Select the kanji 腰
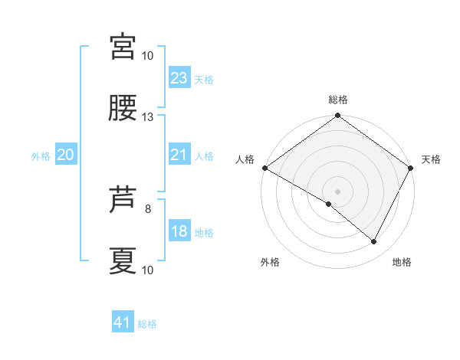pyautogui.click(x=123, y=109)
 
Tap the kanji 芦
pyautogui.click(x=123, y=201)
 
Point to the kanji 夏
pyautogui.click(x=123, y=261)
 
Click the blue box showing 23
pyautogui.click(x=179, y=78)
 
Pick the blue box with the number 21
pyautogui.click(x=179, y=155)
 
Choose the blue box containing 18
pyautogui.click(x=179, y=231)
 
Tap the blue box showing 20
pyautogui.click(x=65, y=155)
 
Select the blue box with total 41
pyautogui.click(x=123, y=322)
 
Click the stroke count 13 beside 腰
pyautogui.click(x=148, y=117)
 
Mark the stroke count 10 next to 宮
pyautogui.click(x=148, y=56)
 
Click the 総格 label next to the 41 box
pyautogui.click(x=147, y=324)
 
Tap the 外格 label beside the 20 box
pyautogui.click(x=41, y=156)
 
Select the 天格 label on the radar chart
pyautogui.click(x=432, y=159)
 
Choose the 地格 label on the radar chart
pyautogui.click(x=402, y=262)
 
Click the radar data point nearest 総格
pyautogui.click(x=337, y=116)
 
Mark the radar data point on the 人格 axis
pyautogui.click(x=264, y=168)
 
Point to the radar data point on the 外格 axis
pyautogui.click(x=329, y=204)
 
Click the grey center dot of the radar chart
pyautogui.click(x=337, y=191)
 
